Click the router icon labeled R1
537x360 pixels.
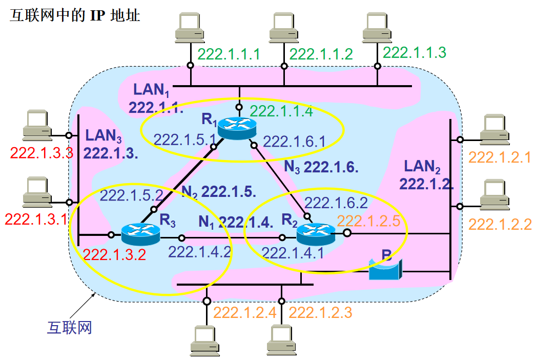pos(236,127)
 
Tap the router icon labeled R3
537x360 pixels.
pos(140,235)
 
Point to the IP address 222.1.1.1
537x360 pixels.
pos(229,54)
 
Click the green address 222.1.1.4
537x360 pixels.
pos(281,111)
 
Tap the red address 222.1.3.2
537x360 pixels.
pos(115,254)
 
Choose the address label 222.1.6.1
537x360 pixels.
pos(294,141)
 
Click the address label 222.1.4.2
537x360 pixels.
pos(200,252)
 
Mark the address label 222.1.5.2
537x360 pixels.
pos(131,195)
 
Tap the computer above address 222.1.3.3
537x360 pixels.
pos(37,125)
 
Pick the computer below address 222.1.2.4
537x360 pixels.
pos(207,341)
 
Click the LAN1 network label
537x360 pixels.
pos(151,90)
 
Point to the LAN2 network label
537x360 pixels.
pos(422,166)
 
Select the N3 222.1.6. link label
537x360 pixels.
pos(321,167)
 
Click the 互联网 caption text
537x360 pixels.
pos(69,327)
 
